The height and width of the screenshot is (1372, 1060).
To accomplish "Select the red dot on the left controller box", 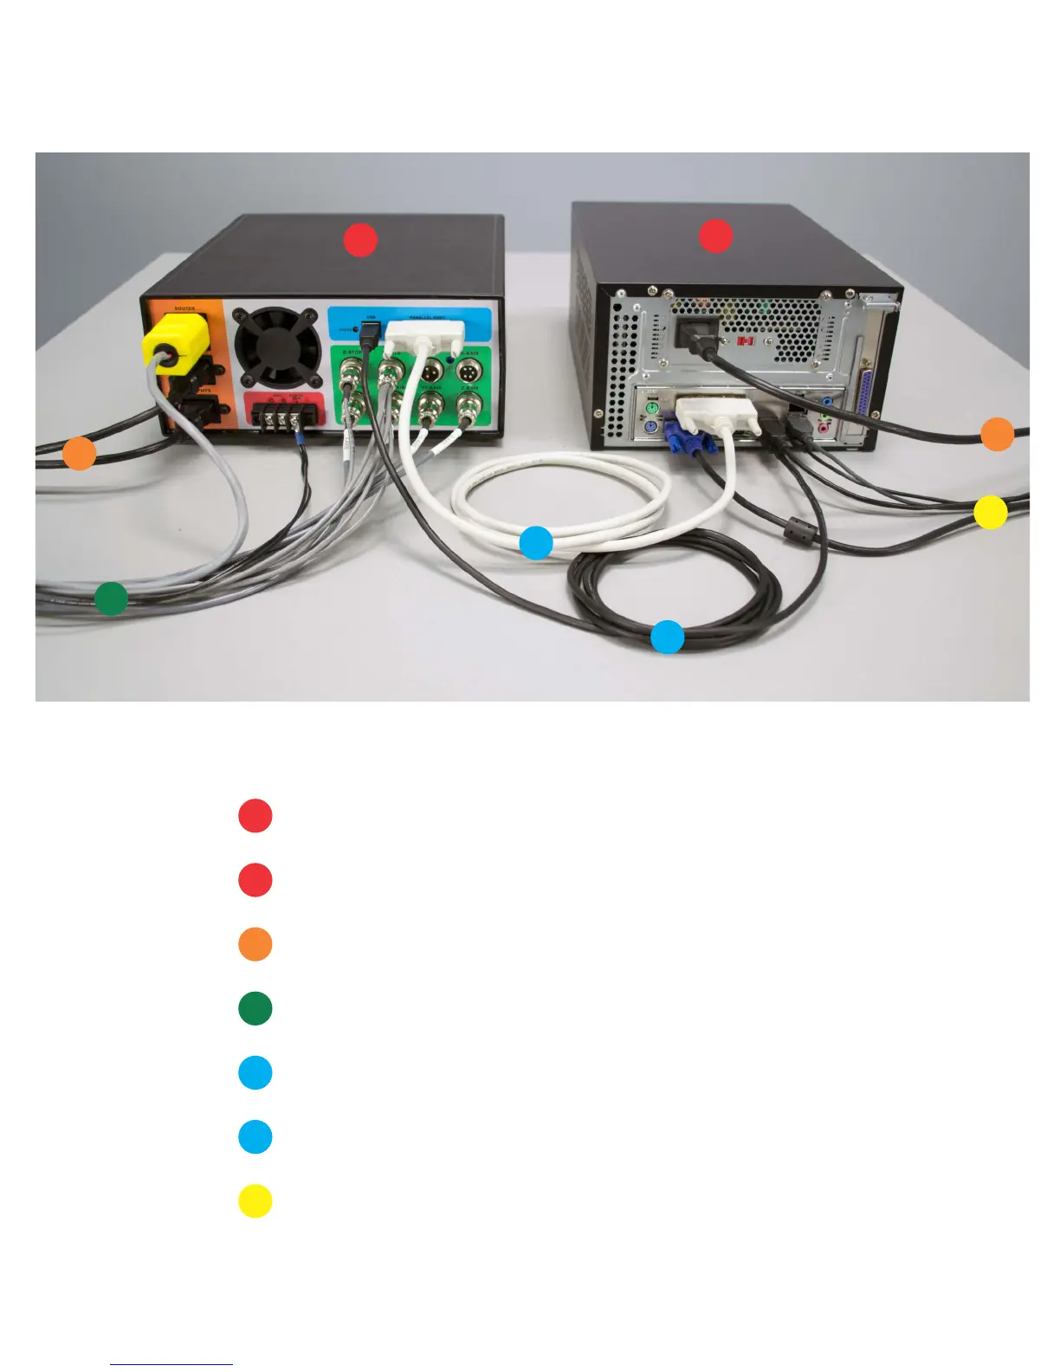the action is click(360, 240).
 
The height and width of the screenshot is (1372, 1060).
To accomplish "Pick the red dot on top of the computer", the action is click(715, 236).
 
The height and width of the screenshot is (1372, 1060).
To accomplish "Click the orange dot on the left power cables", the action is click(80, 453).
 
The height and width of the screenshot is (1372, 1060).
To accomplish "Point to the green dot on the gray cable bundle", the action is click(111, 598).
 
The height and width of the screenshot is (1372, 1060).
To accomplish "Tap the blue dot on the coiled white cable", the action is click(536, 542).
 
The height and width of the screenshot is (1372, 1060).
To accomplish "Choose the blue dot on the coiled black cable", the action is click(667, 637).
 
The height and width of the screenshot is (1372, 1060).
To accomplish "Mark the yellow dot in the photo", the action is click(990, 512).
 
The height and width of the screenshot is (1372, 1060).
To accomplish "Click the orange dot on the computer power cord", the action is click(997, 434).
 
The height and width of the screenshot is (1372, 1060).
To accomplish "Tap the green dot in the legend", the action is click(255, 1008).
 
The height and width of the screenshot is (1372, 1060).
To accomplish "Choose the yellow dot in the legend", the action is click(255, 1201).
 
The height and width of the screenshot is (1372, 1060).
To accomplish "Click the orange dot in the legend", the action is click(255, 944).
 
